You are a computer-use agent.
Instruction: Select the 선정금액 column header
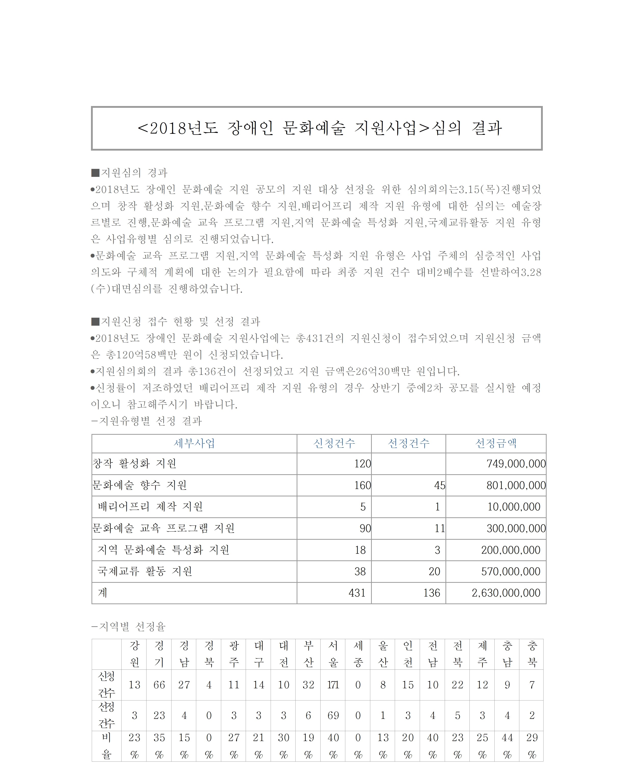click(x=496, y=443)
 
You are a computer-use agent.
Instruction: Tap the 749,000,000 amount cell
click(x=516, y=464)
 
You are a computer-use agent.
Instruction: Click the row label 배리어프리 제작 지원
click(x=150, y=507)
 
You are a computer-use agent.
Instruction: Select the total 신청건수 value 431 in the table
click(x=357, y=593)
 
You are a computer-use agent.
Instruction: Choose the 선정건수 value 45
click(x=439, y=485)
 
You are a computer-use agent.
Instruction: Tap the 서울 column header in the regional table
click(x=333, y=654)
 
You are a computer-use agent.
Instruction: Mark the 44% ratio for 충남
click(x=507, y=746)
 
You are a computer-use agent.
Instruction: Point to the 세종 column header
click(x=358, y=654)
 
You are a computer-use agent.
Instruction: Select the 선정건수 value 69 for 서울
click(x=333, y=716)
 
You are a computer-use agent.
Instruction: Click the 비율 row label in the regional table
click(x=106, y=746)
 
